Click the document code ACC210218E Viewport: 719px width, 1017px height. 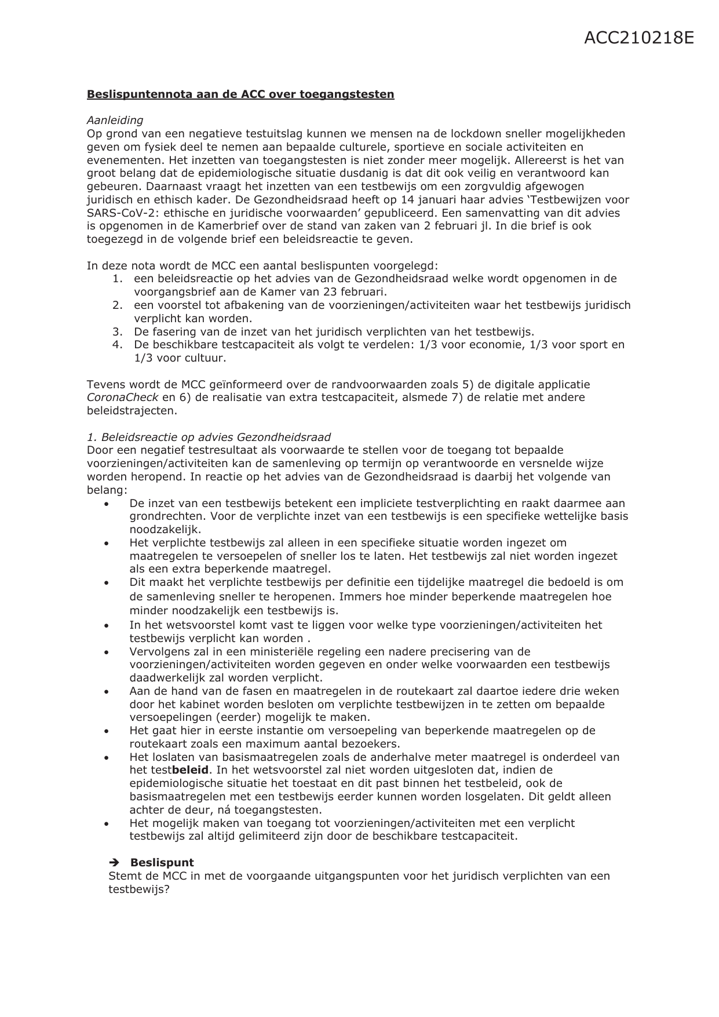coord(638,38)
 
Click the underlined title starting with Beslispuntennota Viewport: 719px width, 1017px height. coord(240,94)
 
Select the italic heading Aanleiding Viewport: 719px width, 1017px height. coord(115,121)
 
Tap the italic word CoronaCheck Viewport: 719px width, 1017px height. coord(123,398)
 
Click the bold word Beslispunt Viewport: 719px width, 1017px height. coord(162,862)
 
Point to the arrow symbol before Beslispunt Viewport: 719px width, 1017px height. coord(114,862)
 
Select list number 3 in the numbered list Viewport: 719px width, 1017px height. coord(118,332)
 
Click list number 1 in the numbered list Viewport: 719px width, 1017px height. coord(118,279)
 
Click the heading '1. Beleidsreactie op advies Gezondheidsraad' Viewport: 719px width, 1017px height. coord(209,437)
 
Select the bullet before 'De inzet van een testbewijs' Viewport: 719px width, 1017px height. coord(107,505)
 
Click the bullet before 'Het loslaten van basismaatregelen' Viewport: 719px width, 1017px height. coord(107,758)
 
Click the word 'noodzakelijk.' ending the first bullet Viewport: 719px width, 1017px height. coord(165,530)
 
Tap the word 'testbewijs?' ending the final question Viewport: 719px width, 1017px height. coord(139,889)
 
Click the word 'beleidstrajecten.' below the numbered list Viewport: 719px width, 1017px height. coord(132,411)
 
